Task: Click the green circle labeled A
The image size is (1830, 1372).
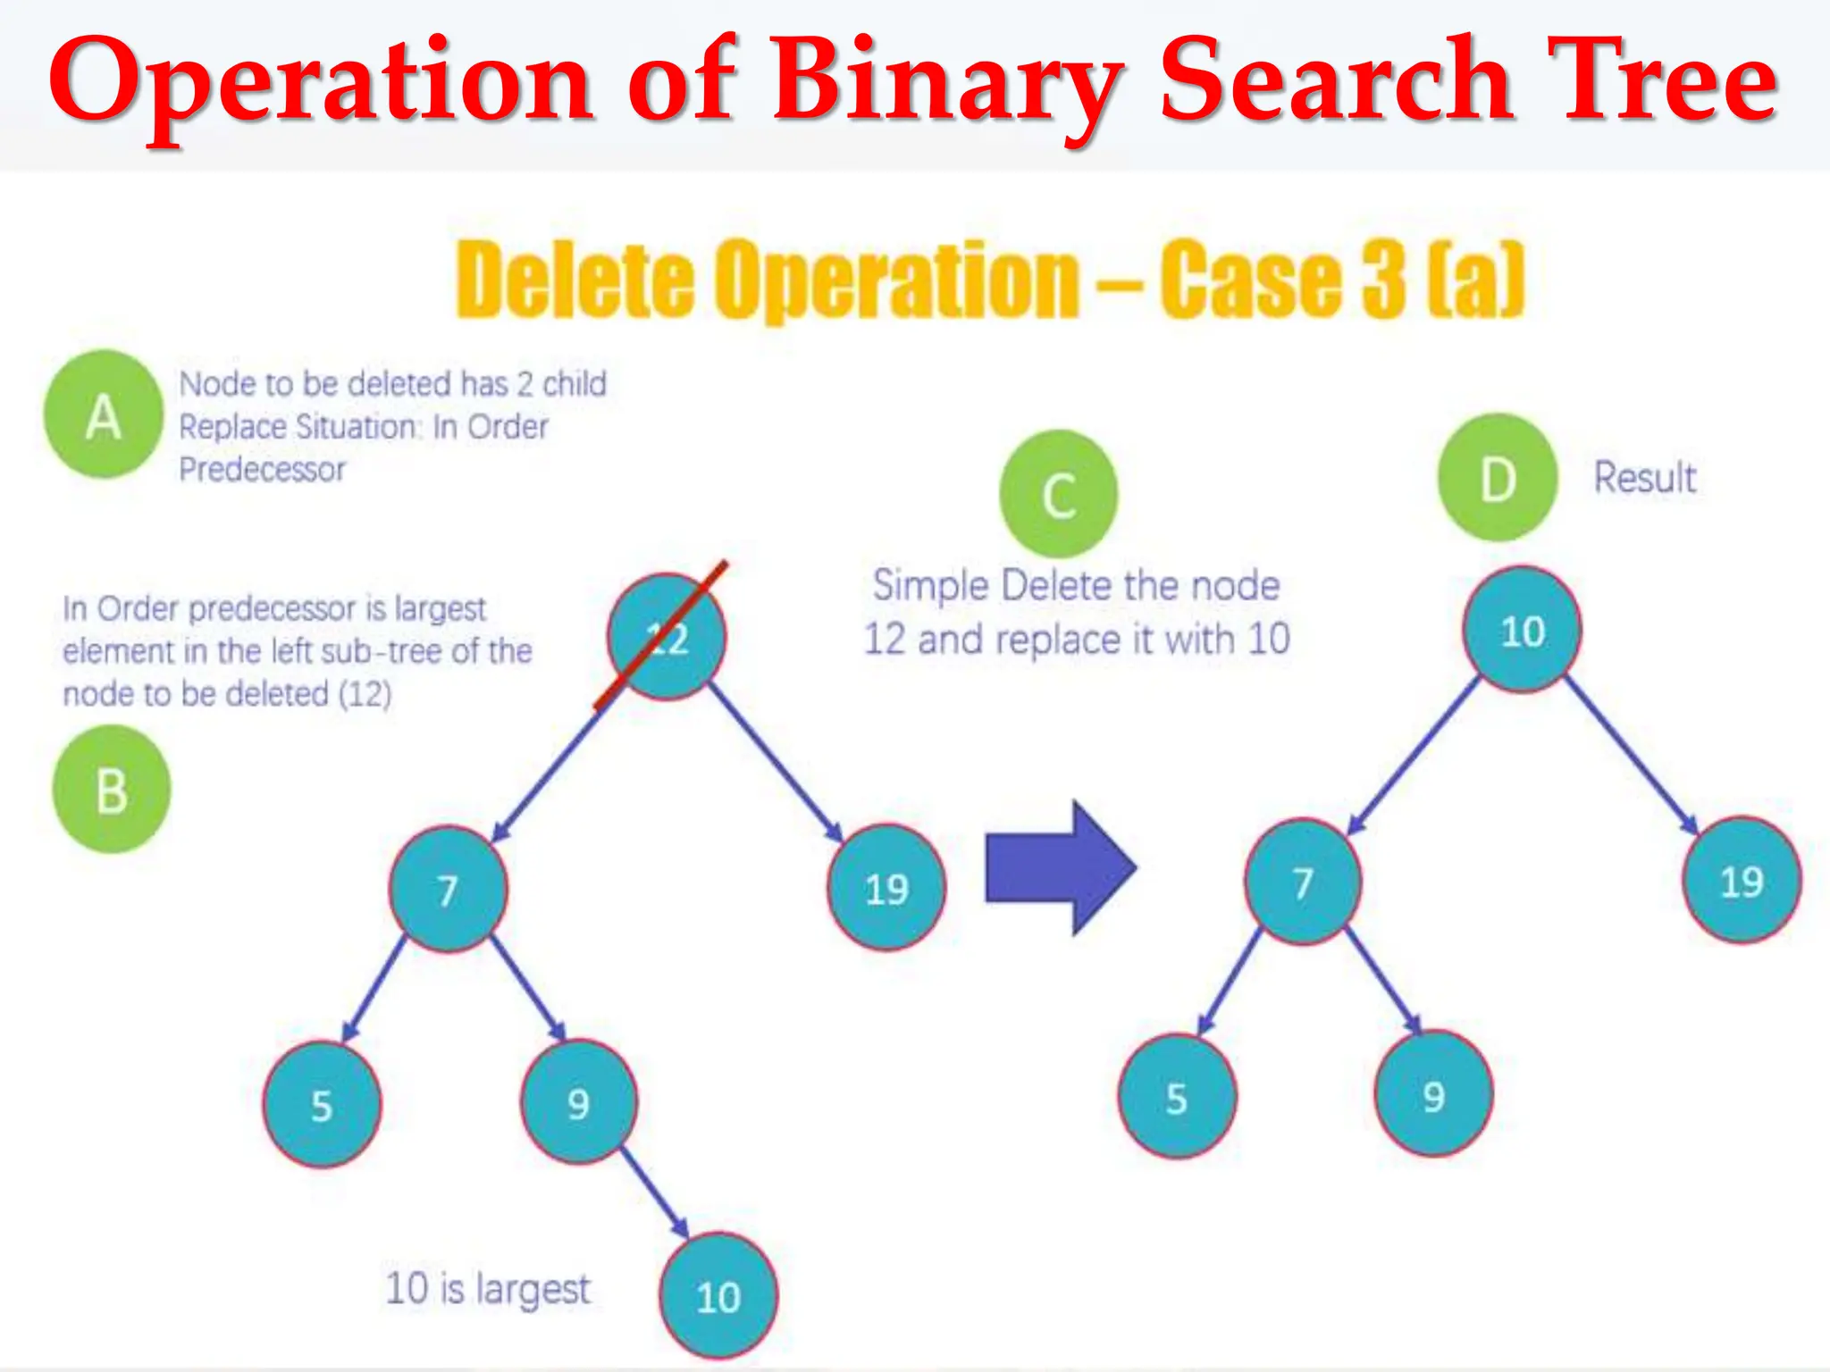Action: (x=104, y=414)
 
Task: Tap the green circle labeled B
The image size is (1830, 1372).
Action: (x=112, y=790)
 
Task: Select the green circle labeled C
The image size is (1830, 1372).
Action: (x=1059, y=494)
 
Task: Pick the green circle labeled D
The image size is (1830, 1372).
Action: (x=1498, y=478)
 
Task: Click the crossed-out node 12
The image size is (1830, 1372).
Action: (x=667, y=637)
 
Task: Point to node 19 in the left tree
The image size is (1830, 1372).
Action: (x=886, y=888)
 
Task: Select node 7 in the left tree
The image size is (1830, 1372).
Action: (x=449, y=889)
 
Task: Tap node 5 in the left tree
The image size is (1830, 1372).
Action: (x=322, y=1105)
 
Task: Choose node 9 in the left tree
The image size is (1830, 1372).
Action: (x=579, y=1102)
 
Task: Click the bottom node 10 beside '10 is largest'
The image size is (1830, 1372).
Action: (x=718, y=1296)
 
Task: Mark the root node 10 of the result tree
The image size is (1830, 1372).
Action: (x=1522, y=631)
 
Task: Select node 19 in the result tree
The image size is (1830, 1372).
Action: (x=1742, y=881)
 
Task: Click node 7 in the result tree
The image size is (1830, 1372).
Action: (x=1304, y=882)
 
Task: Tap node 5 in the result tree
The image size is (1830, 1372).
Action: (x=1177, y=1097)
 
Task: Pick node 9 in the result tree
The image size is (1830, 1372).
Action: (x=1433, y=1095)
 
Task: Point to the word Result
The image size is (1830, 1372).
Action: (x=1645, y=478)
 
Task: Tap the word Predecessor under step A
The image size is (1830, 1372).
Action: (x=262, y=470)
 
